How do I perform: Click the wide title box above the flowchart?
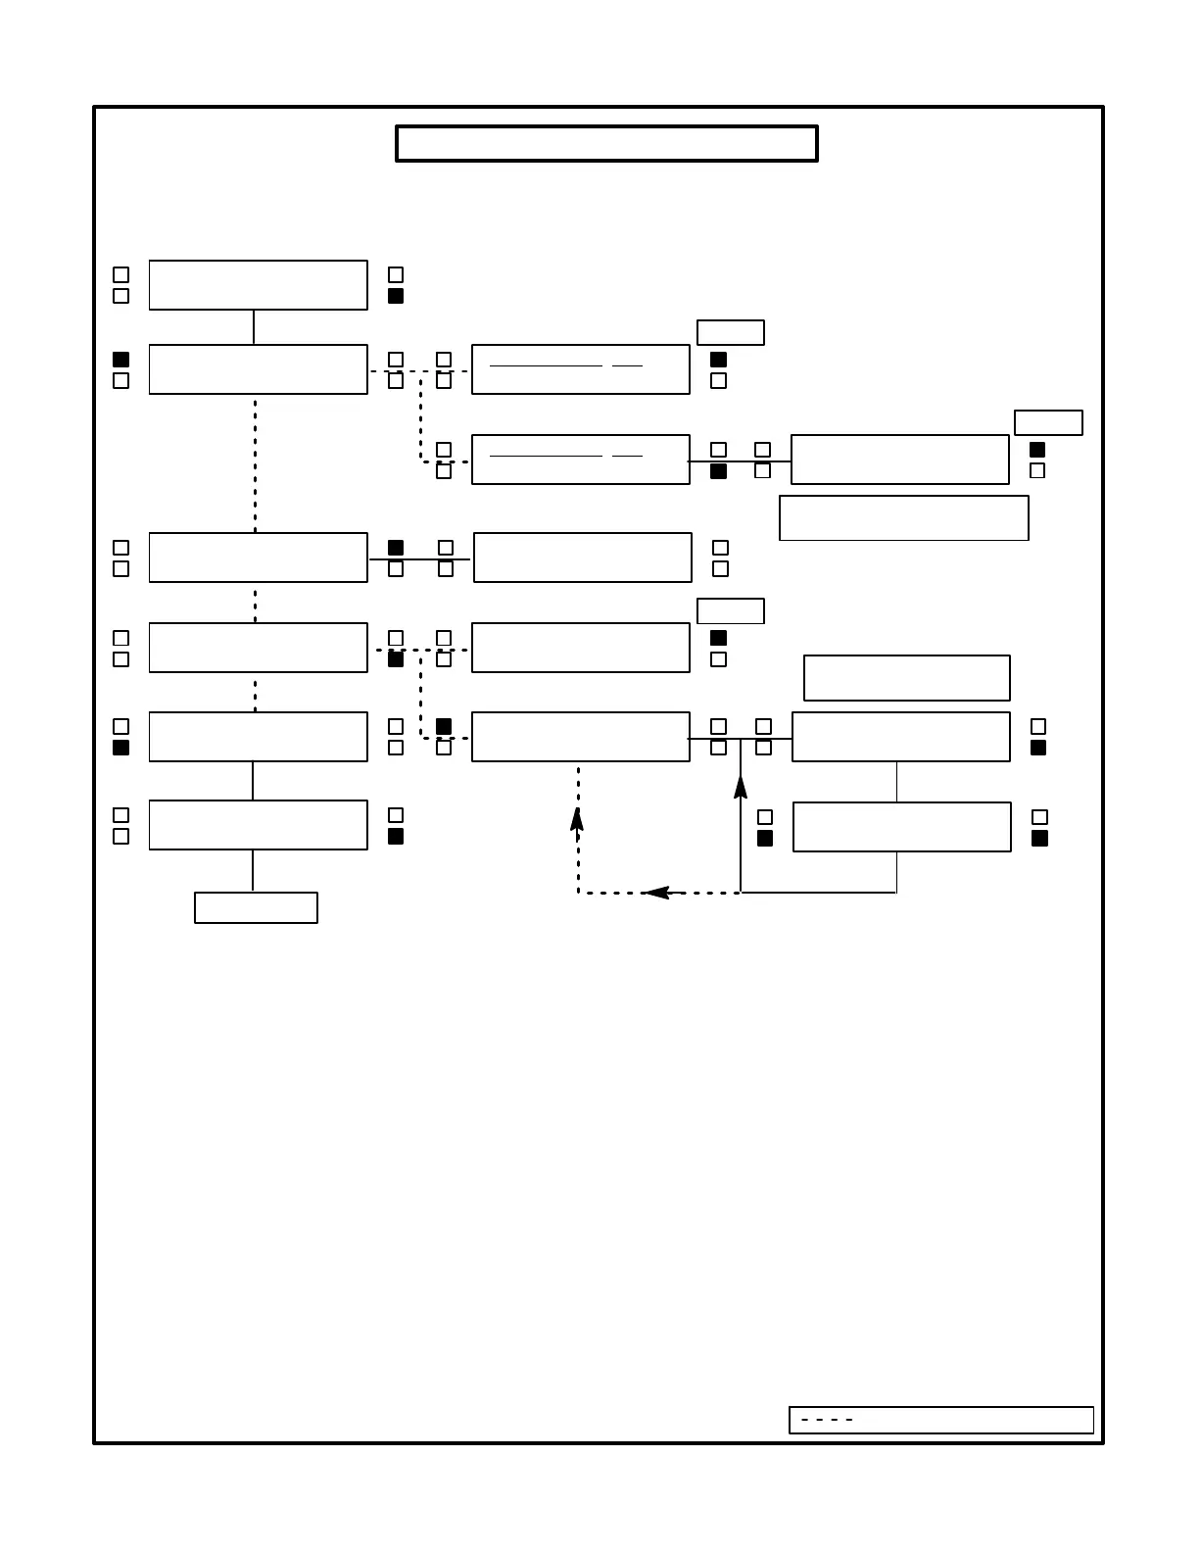pyautogui.click(x=606, y=143)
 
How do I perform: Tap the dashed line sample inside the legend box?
pyautogui.click(x=827, y=1420)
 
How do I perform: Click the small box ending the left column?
pyautogui.click(x=256, y=907)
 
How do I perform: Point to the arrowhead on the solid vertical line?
pyautogui.click(x=741, y=786)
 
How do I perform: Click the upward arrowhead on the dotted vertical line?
pyautogui.click(x=577, y=820)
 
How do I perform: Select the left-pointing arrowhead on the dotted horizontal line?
pyautogui.click(x=657, y=893)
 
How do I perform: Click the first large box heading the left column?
pyautogui.click(x=258, y=285)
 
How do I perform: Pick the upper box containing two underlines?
pyautogui.click(x=580, y=369)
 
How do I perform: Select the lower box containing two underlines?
pyautogui.click(x=580, y=460)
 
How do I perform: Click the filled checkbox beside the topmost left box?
pyautogui.click(x=396, y=296)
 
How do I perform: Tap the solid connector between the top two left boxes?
pyautogui.click(x=254, y=327)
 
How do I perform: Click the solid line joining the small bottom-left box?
pyautogui.click(x=253, y=870)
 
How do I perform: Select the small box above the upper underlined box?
pyautogui.click(x=730, y=332)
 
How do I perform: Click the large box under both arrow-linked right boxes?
pyautogui.click(x=901, y=827)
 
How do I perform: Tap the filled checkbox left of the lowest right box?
pyautogui.click(x=765, y=839)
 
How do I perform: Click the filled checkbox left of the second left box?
pyautogui.click(x=121, y=360)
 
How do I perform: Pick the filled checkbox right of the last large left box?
pyautogui.click(x=396, y=837)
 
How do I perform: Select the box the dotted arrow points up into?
pyautogui.click(x=580, y=737)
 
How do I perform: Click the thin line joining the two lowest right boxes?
pyautogui.click(x=896, y=782)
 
